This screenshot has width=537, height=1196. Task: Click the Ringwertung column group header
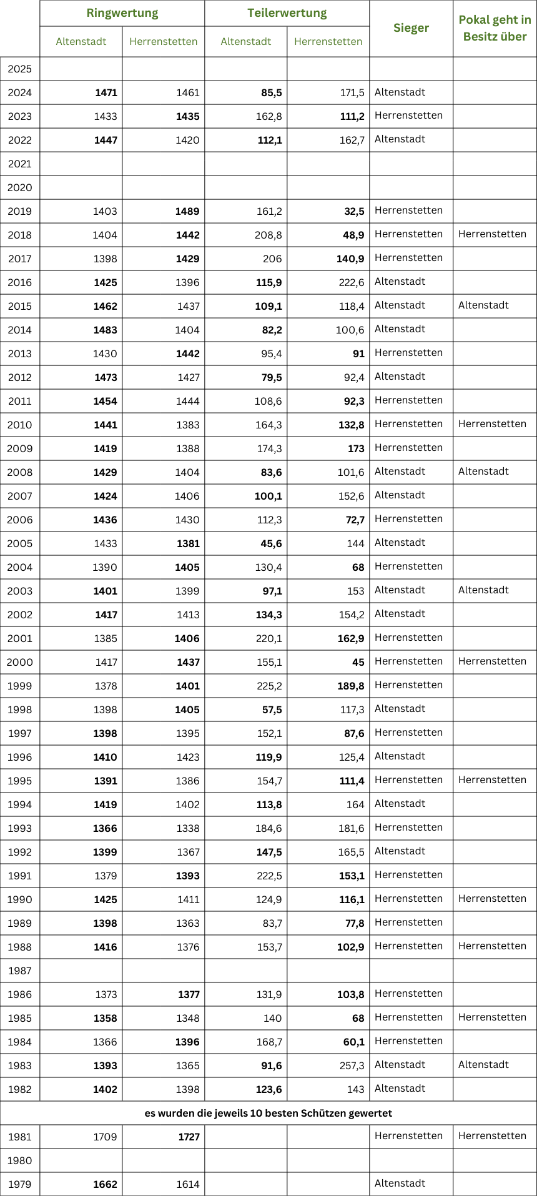[x=122, y=13]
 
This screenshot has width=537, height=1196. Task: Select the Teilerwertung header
[x=287, y=13]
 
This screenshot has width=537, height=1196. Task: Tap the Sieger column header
[x=411, y=28]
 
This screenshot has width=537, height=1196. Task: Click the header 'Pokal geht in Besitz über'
[x=495, y=28]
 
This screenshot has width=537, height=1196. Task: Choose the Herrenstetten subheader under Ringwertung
[x=163, y=42]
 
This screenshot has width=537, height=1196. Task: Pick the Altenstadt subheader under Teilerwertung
[x=246, y=42]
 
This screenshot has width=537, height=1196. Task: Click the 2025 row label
[x=20, y=69]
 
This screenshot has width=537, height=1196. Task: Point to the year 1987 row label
[x=20, y=971]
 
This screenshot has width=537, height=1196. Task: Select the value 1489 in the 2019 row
[x=187, y=212]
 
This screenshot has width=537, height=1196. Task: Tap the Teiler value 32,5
[x=354, y=212]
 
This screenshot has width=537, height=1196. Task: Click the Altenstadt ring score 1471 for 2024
[x=106, y=93]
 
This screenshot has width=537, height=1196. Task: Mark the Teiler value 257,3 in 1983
[x=352, y=1065]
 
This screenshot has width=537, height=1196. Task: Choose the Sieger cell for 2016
[x=400, y=282]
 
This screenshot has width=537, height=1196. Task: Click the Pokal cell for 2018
[x=492, y=234]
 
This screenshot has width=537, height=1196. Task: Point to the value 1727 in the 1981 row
[x=189, y=1137]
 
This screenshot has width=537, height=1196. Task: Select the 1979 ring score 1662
[x=106, y=1184]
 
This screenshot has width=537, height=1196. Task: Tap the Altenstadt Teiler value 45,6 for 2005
[x=271, y=544]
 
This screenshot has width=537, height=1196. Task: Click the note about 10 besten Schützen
[x=268, y=1113]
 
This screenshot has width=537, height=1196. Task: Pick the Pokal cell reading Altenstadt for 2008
[x=483, y=472]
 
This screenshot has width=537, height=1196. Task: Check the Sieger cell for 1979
[x=400, y=1184]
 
